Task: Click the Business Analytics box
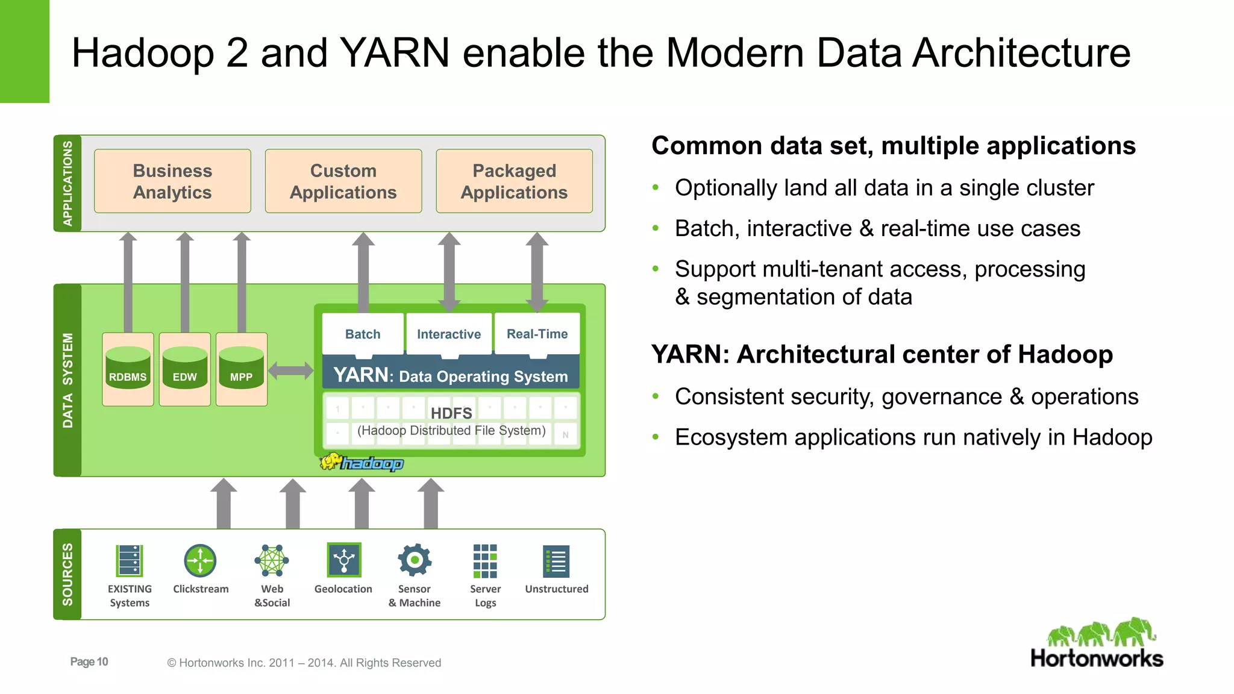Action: pyautogui.click(x=172, y=181)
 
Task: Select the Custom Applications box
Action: pyautogui.click(x=343, y=181)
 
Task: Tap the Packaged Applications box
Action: pyautogui.click(x=514, y=181)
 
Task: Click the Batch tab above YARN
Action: pyautogui.click(x=363, y=334)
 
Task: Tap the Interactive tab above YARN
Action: pyautogui.click(x=449, y=334)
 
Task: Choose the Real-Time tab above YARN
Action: pyautogui.click(x=537, y=334)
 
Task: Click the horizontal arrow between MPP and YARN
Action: pyautogui.click(x=290, y=370)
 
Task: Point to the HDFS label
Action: pyautogui.click(x=451, y=413)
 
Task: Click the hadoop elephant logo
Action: pyautogui.click(x=362, y=463)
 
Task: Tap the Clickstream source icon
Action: pyautogui.click(x=200, y=561)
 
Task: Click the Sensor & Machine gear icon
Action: pyautogui.click(x=415, y=560)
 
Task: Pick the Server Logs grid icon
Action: pyautogui.click(x=485, y=561)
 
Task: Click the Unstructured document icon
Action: pyautogui.click(x=556, y=561)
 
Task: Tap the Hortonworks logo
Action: pyautogui.click(x=1097, y=643)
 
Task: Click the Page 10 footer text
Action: pyautogui.click(x=89, y=661)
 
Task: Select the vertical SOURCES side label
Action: pyautogui.click(x=67, y=574)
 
